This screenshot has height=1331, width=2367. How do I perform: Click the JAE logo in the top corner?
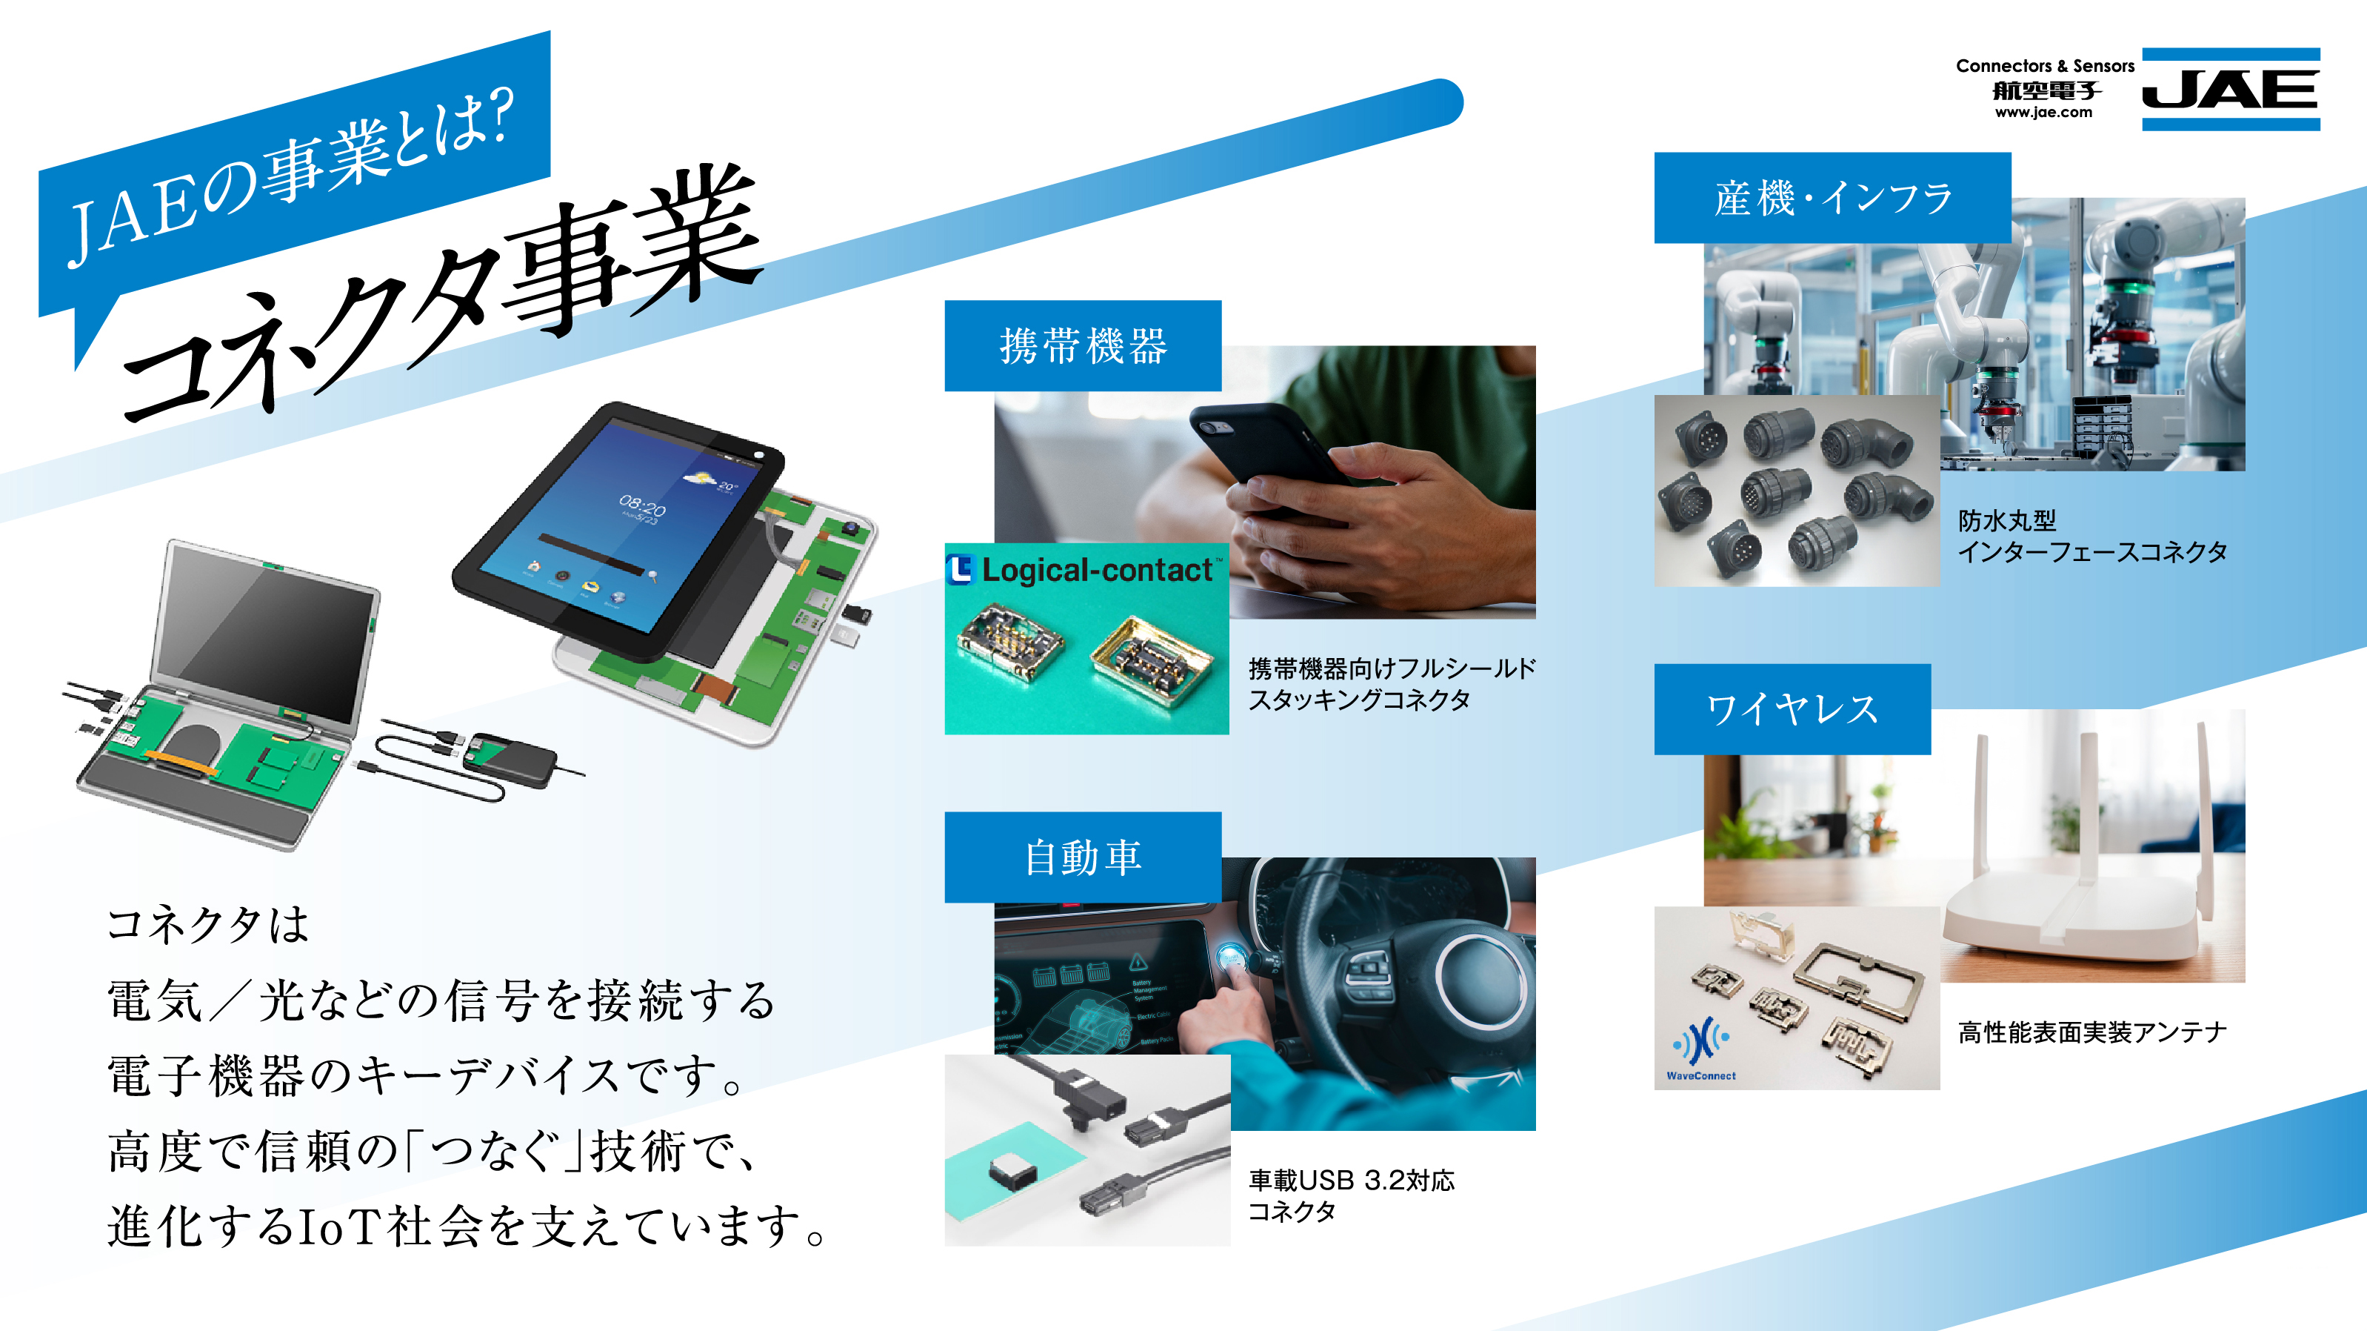click(2230, 89)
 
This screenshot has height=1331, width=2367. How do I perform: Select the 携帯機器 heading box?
click(1083, 345)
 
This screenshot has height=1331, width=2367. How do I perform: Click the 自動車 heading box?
click(1083, 857)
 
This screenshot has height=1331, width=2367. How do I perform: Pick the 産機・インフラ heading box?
click(1832, 198)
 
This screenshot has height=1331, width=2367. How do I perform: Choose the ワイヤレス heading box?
click(1792, 708)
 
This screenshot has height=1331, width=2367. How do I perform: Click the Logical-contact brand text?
click(1097, 570)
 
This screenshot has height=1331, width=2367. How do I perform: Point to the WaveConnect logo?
click(1701, 1048)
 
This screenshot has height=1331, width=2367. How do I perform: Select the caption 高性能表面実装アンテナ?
click(2092, 1032)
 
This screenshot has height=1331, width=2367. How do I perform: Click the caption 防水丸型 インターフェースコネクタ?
click(2092, 536)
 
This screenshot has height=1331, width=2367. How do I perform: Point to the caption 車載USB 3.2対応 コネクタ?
click(1351, 1195)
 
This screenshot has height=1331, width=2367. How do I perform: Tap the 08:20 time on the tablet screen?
click(642, 505)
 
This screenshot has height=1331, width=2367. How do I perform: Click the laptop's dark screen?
click(267, 634)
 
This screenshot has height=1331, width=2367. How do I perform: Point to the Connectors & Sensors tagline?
click(2045, 66)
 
